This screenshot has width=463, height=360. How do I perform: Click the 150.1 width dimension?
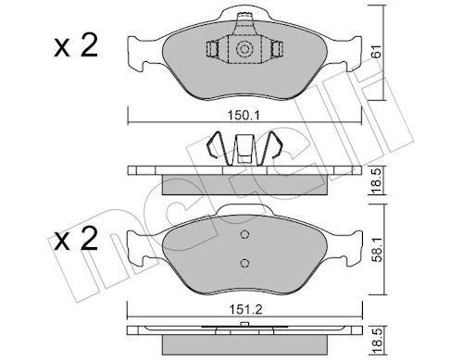[244, 116]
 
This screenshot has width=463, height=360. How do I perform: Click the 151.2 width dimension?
[245, 309]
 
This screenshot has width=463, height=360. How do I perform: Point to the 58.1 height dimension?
[377, 250]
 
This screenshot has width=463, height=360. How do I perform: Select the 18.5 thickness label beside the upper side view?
[377, 180]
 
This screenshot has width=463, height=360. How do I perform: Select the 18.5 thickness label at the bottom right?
[377, 341]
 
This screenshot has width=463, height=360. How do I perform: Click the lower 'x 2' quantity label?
[76, 238]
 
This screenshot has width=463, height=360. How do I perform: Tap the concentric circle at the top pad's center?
[244, 49]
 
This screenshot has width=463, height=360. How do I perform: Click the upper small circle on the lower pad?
[244, 235]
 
